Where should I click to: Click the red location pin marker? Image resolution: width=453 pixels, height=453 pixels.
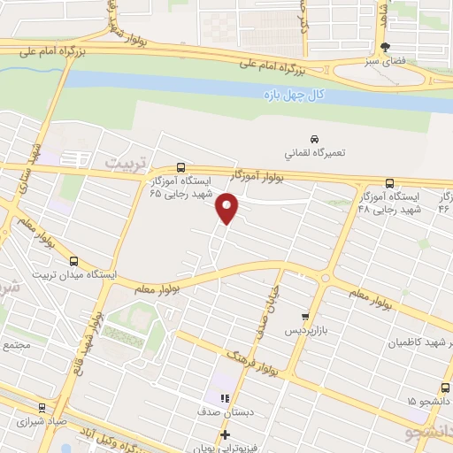pos(227,207)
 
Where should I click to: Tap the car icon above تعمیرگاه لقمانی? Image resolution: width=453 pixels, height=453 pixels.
pos(314,139)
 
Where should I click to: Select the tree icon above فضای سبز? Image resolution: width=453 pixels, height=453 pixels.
pos(383,48)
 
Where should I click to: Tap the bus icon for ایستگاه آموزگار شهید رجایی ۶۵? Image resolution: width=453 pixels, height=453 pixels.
pos(180,166)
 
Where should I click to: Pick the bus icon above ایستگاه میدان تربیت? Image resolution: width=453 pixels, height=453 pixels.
pos(73,261)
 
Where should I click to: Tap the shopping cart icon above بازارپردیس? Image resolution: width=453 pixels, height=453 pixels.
pos(305,315)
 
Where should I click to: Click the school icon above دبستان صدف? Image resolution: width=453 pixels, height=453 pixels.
pos(225,399)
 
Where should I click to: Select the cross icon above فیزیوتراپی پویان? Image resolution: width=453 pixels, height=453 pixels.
pos(225,434)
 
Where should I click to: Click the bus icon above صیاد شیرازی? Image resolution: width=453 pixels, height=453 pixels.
pos(41,409)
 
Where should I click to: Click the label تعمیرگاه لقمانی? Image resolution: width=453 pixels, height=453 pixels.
pos(314,152)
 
